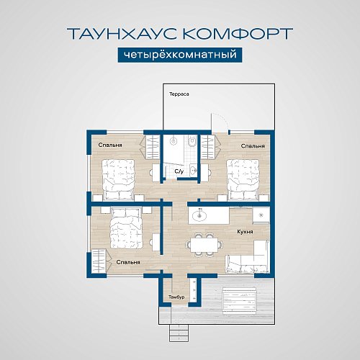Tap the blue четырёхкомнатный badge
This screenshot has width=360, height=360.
(x=179, y=55)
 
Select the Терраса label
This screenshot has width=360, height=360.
(x=179, y=94)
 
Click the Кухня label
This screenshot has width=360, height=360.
(x=244, y=232)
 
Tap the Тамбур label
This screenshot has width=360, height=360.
(x=176, y=297)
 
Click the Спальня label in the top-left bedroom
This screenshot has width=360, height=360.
(x=110, y=145)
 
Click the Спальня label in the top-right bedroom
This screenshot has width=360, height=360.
(x=253, y=145)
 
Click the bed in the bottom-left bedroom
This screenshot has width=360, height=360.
(x=130, y=233)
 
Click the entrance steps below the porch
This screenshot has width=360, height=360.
(x=176, y=332)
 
